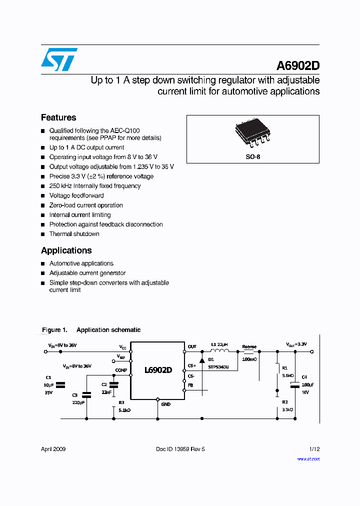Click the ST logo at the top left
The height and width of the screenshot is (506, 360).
point(59,59)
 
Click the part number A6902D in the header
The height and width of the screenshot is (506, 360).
point(298,66)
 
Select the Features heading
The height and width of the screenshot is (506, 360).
point(58,117)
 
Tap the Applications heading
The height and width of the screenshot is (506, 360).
point(66,250)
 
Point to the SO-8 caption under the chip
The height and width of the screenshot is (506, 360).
point(252,156)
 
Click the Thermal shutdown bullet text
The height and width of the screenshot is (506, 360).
point(74,234)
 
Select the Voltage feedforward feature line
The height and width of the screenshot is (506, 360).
point(76,195)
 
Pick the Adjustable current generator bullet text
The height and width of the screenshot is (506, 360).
point(87,273)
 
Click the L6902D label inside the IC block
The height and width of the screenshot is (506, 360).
point(157,370)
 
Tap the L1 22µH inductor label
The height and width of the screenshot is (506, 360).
point(219,345)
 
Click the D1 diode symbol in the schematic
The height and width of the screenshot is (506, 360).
point(201,360)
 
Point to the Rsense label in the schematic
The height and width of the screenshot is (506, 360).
point(249,346)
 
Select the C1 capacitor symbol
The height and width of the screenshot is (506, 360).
point(60,385)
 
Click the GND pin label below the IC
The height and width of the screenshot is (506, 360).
point(165,404)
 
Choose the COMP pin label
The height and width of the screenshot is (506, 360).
point(121,370)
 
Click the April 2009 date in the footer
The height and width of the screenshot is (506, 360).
point(53,449)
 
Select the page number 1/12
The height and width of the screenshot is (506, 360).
point(314,449)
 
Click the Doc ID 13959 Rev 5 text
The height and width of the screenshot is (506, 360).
point(180,449)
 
